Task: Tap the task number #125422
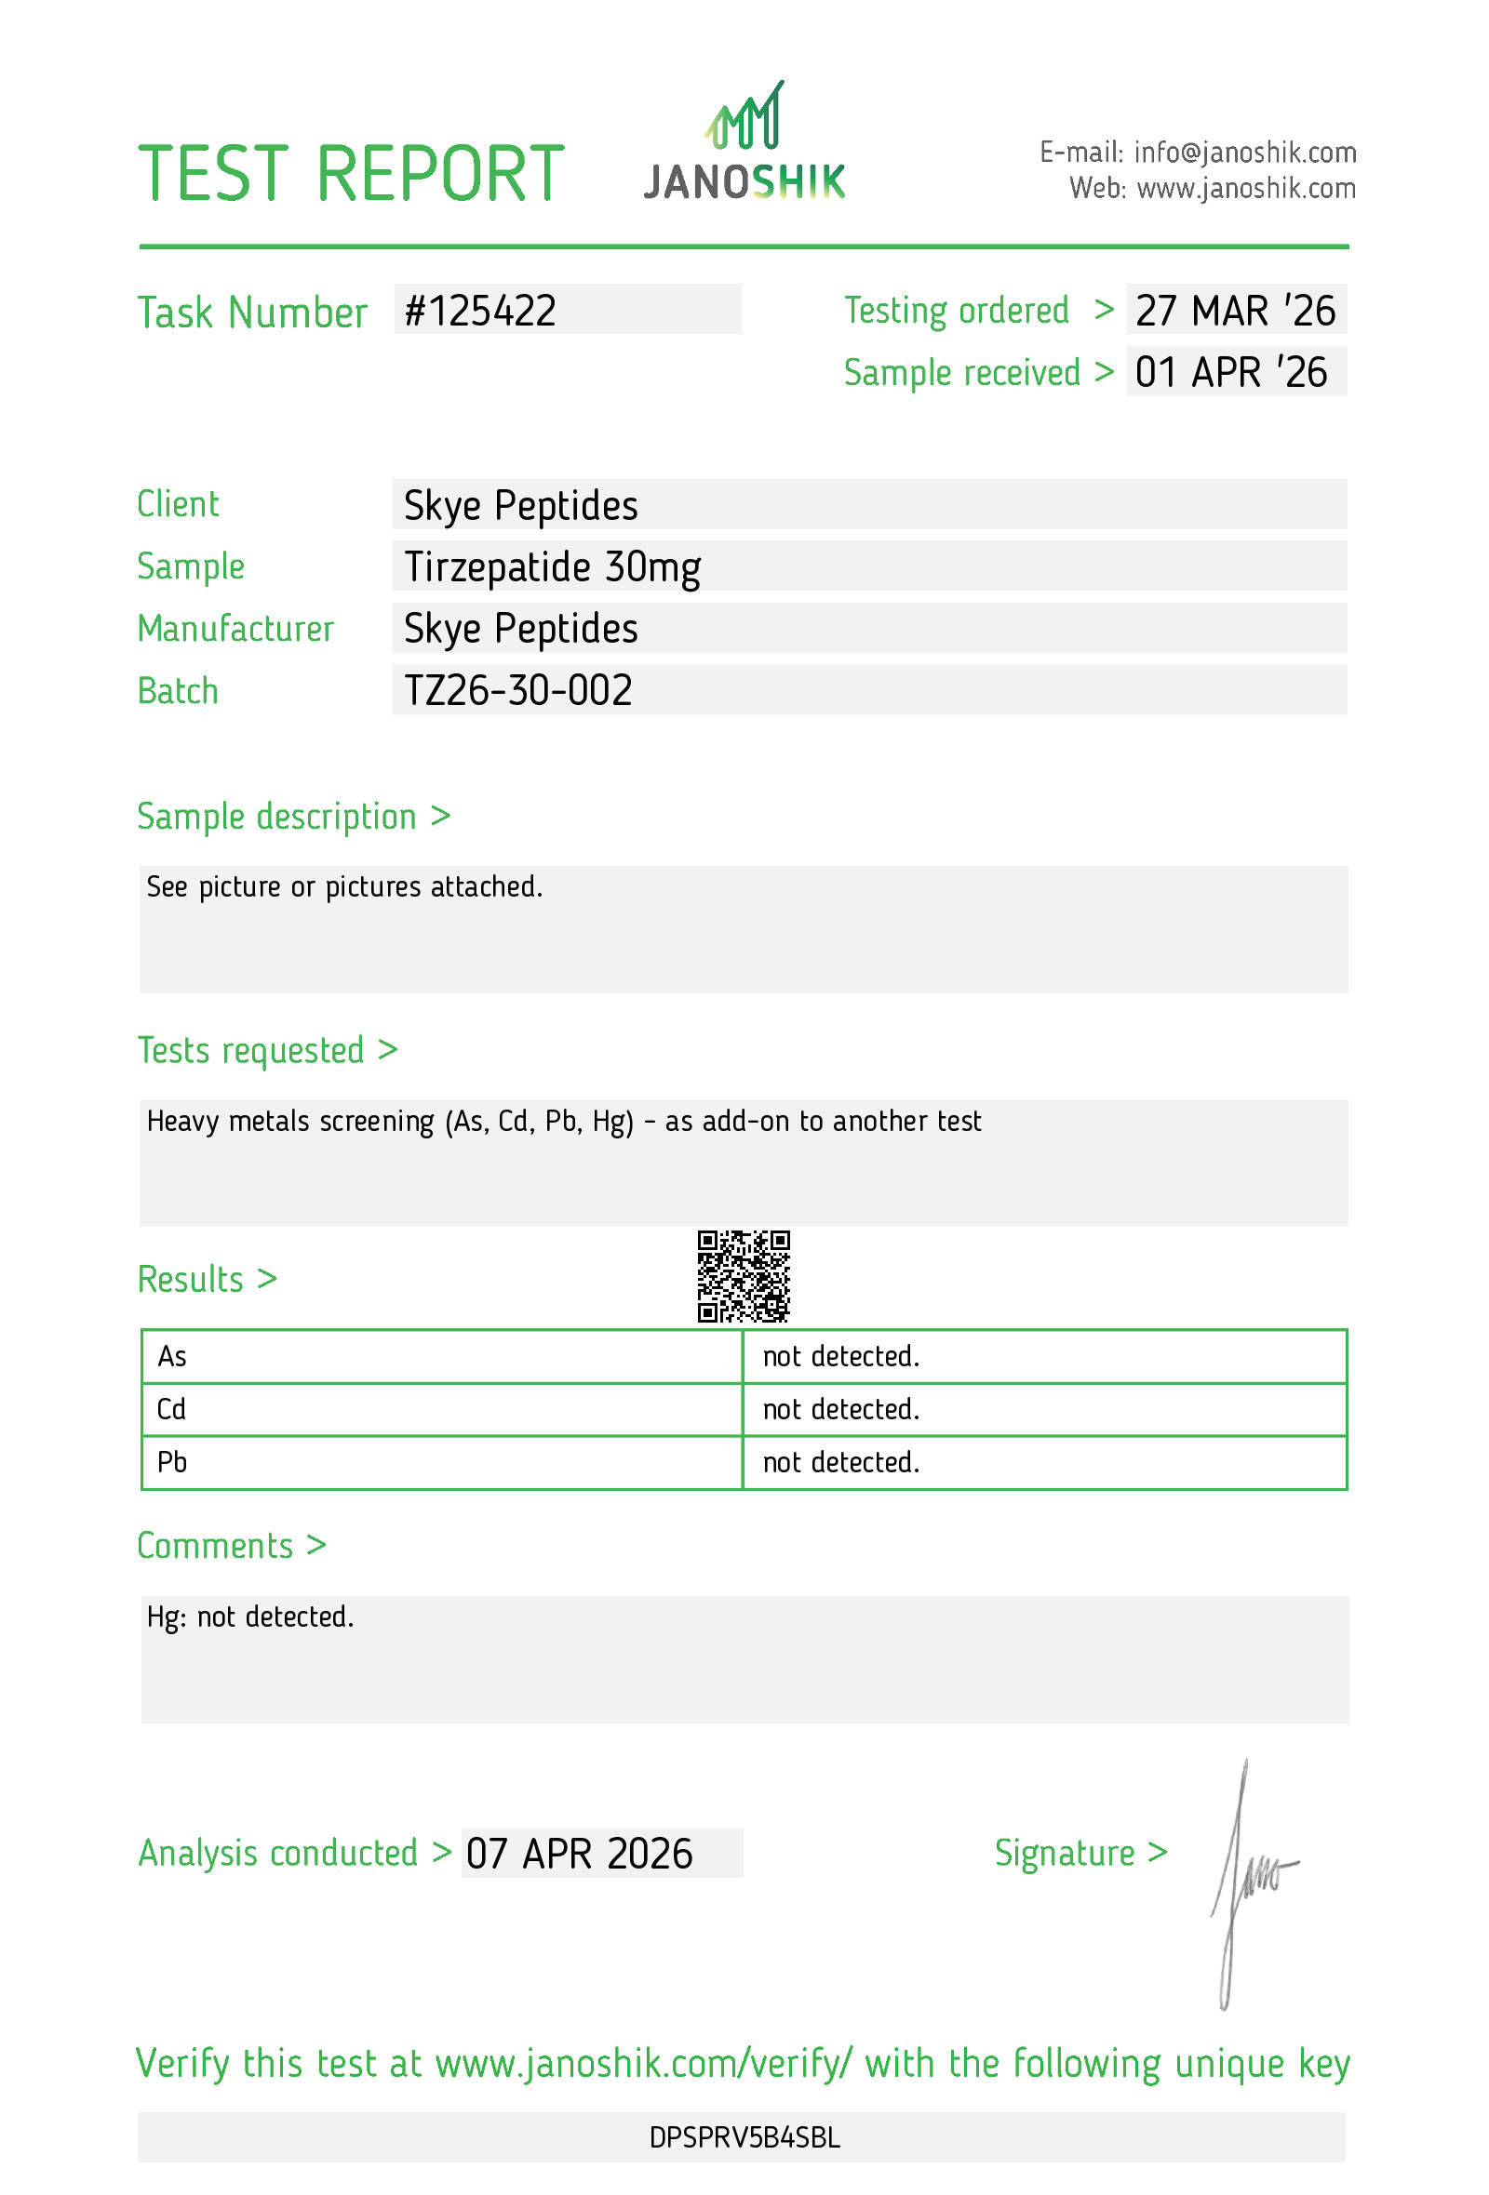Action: (x=480, y=311)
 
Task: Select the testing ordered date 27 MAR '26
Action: (x=1235, y=311)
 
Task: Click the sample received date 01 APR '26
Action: (x=1231, y=372)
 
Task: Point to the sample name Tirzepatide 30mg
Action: (x=552, y=566)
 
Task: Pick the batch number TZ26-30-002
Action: (x=517, y=690)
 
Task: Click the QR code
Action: (x=744, y=1275)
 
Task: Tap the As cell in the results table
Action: (x=172, y=1356)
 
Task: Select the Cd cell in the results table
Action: (x=171, y=1409)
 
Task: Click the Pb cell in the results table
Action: (x=172, y=1462)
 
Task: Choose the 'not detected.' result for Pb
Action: (x=841, y=1462)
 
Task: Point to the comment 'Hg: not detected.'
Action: (x=250, y=1616)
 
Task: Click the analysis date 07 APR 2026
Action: (x=579, y=1853)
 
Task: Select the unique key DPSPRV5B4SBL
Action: (x=744, y=2137)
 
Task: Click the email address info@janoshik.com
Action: (x=1244, y=152)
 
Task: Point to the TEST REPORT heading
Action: (x=352, y=174)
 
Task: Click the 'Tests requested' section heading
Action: (x=267, y=1050)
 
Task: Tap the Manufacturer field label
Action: (x=235, y=629)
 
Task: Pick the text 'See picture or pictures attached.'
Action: (x=345, y=887)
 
